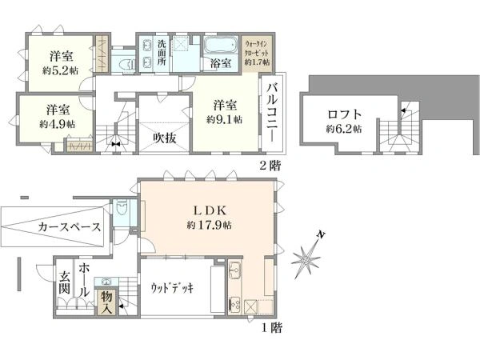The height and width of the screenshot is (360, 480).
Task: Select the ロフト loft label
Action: [x=342, y=114]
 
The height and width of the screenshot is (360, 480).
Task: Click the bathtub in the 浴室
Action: [x=217, y=44]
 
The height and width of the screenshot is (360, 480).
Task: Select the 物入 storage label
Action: [x=106, y=302]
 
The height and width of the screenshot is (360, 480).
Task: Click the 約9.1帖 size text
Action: [x=224, y=120]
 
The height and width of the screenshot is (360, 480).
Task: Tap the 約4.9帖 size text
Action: [x=56, y=124]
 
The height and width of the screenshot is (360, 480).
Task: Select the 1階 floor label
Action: [x=270, y=327]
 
